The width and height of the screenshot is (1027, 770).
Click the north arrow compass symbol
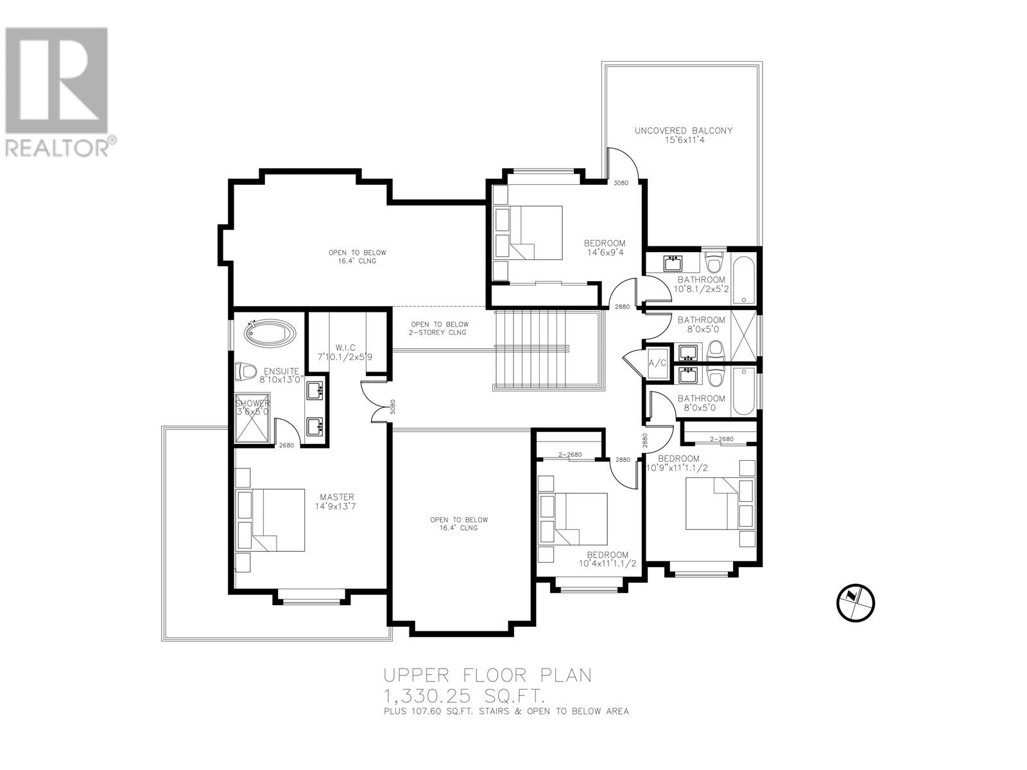tap(856, 603)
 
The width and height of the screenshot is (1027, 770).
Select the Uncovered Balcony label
tap(684, 135)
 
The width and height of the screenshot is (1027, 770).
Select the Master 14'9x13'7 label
tap(338, 502)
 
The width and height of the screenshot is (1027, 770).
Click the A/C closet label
tap(657, 363)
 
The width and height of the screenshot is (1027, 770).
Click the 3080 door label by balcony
tap(621, 183)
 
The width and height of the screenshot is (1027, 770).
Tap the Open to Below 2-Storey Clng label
tap(440, 329)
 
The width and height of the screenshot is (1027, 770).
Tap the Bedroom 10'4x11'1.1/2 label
tap(607, 560)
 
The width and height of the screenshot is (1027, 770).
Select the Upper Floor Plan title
tap(488, 675)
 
